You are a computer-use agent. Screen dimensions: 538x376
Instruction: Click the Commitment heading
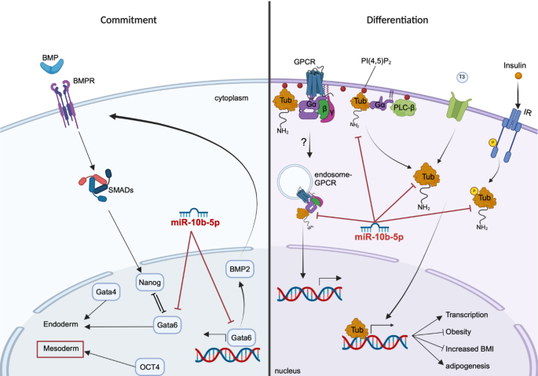coord(128,20)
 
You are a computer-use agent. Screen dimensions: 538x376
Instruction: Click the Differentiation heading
coord(397,20)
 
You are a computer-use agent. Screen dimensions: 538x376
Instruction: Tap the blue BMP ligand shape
coord(52,66)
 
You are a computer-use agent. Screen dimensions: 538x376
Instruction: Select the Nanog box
coord(149,283)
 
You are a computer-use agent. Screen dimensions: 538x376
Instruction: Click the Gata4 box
coord(106,292)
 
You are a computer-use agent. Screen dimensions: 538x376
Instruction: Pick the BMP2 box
coord(240,269)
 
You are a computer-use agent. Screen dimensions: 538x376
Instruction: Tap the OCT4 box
coord(149,367)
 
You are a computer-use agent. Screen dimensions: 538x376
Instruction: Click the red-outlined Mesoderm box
coord(60,349)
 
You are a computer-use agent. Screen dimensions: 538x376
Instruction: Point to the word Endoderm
coord(60,324)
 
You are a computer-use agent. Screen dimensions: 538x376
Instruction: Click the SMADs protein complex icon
coord(96,184)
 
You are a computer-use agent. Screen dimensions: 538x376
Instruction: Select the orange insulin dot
coord(518,76)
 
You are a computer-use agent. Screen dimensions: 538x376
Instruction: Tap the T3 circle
coord(462,77)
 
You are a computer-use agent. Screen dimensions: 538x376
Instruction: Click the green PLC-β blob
coord(404,108)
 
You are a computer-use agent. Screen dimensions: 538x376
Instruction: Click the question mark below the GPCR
coord(304,142)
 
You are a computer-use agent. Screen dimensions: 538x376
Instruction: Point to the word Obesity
coord(458,332)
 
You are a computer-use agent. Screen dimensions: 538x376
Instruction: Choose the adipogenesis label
coord(467,366)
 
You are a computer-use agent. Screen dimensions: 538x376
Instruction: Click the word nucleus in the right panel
coord(287,371)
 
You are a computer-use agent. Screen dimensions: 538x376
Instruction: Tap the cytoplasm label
coord(231,98)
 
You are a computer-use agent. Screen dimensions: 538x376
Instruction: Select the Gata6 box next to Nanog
coord(167,324)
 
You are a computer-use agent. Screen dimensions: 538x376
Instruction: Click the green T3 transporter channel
coord(459,105)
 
